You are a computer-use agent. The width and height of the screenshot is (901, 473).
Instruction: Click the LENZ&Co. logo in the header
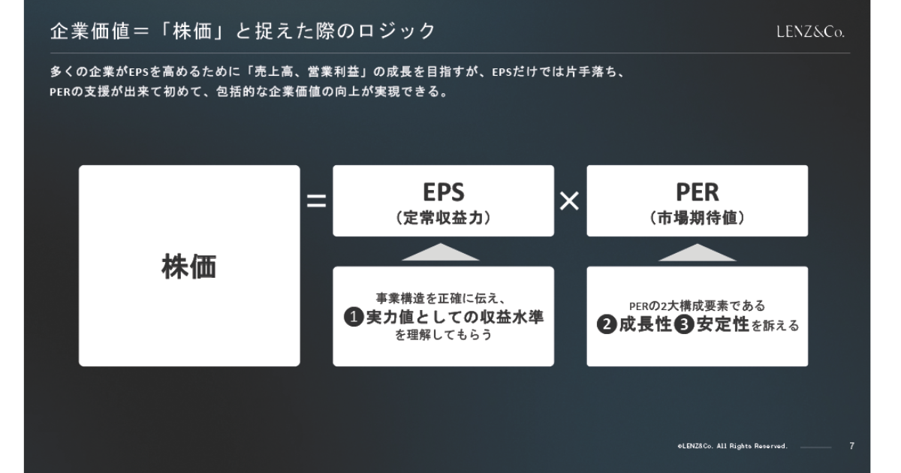[x=810, y=32]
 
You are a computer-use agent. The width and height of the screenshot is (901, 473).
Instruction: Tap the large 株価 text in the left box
[x=189, y=267]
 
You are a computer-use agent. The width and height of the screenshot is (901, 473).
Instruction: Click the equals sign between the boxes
[x=317, y=200]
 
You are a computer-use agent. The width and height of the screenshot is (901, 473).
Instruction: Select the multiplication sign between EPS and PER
[x=570, y=200]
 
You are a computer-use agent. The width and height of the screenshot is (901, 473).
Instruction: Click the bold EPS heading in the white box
[x=444, y=192]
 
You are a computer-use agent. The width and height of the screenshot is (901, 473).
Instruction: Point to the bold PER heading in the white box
[x=697, y=192]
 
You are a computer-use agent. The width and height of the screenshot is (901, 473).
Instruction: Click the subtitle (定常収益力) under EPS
[x=444, y=218]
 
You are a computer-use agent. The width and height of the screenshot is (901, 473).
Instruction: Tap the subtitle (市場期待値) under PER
[x=697, y=218]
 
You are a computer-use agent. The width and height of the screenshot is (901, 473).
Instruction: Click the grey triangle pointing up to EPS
[x=441, y=252]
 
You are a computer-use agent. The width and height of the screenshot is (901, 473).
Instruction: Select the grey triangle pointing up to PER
[x=697, y=252]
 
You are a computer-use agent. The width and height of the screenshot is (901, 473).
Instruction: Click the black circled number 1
[x=354, y=317]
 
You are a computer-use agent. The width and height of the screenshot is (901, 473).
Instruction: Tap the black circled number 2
[x=607, y=324]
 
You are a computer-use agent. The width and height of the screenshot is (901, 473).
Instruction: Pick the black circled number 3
[x=684, y=324]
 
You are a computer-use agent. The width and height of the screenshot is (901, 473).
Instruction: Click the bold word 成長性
[x=646, y=324]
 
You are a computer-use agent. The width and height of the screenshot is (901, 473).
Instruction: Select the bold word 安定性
[x=723, y=324]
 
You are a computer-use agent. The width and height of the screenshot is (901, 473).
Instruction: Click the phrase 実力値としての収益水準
[x=455, y=317]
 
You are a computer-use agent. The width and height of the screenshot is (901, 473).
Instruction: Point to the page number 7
[x=852, y=446]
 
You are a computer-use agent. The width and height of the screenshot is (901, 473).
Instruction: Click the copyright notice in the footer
[x=732, y=446]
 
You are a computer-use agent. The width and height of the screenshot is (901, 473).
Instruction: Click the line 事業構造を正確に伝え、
[x=441, y=298]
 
